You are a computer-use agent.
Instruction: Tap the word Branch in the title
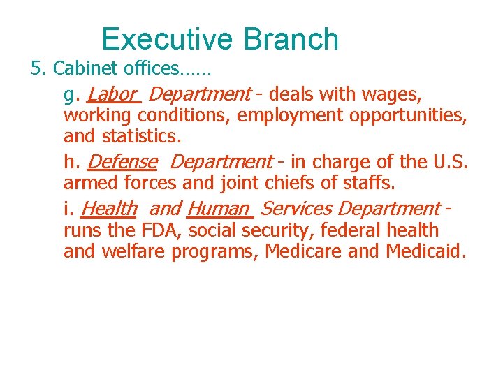(x=292, y=40)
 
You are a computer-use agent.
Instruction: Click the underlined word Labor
(x=112, y=94)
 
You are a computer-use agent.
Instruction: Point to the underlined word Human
(x=218, y=209)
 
